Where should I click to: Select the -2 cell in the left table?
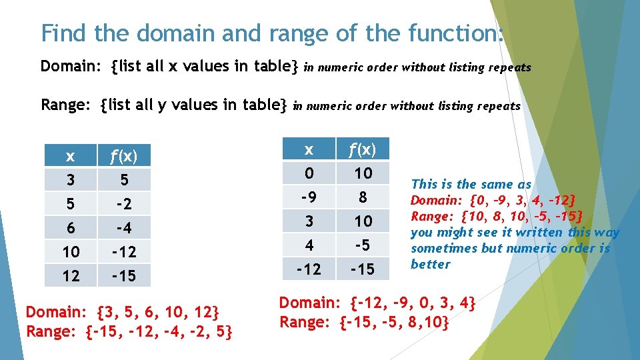124,204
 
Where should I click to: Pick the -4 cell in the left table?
124,228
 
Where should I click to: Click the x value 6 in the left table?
70,228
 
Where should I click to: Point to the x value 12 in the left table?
70,275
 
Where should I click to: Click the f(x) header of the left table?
124,157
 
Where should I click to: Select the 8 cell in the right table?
363,197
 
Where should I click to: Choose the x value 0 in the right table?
309,174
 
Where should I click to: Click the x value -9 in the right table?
309,197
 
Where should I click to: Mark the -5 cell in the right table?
363,245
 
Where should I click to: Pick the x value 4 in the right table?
309,245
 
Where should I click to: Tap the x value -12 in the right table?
309,269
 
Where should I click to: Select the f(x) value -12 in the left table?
124,252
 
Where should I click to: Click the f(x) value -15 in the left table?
124,275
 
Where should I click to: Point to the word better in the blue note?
431,264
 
